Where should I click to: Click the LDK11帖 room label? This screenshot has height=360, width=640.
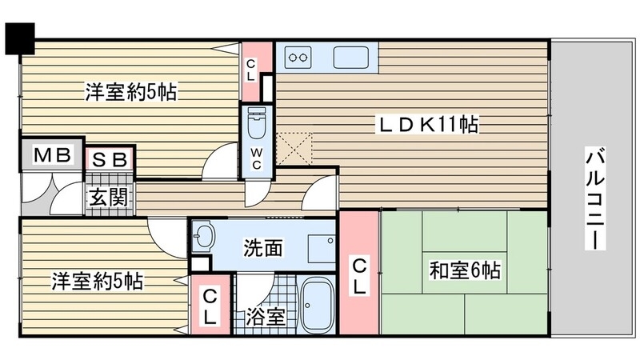(428, 125)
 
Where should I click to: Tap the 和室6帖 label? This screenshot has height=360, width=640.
(468, 270)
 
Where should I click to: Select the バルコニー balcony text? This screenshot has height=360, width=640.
(594, 198)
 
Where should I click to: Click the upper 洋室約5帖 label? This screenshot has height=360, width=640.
(130, 93)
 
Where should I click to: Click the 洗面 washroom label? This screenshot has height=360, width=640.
(262, 248)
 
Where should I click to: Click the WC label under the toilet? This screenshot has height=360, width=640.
(257, 158)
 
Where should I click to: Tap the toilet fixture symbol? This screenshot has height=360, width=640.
(257, 125)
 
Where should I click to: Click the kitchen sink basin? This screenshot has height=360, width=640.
(350, 58)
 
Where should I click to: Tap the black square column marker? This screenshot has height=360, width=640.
(21, 37)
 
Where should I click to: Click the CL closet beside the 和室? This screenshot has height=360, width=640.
(358, 274)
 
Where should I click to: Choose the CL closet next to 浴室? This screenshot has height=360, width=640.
(210, 306)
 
